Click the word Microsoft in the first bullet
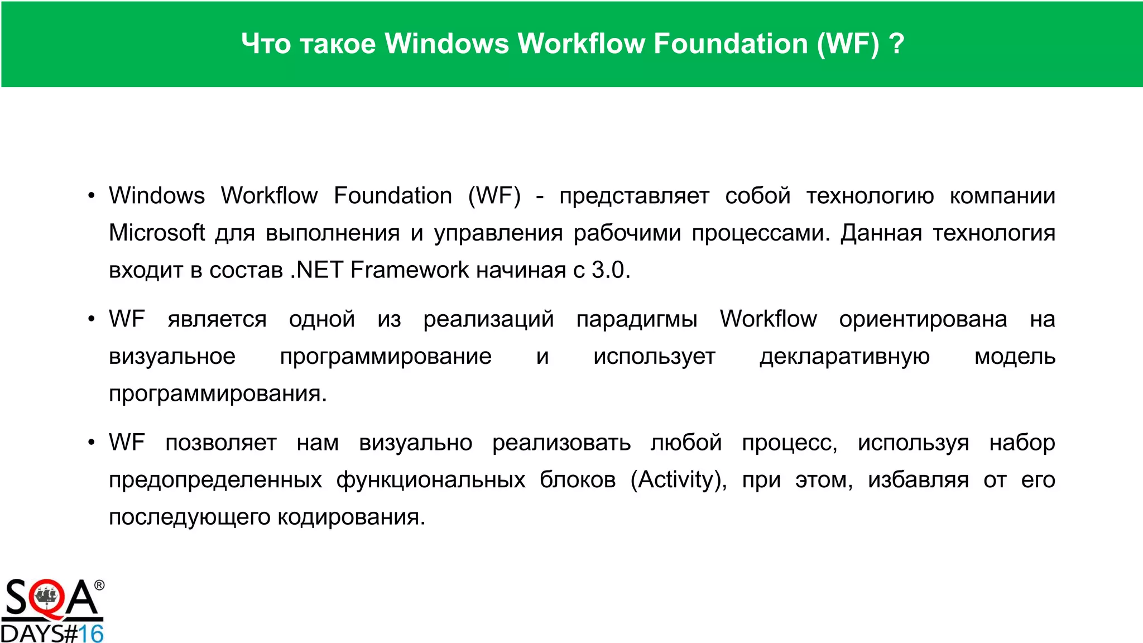(x=157, y=233)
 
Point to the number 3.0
(x=611, y=270)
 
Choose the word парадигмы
(x=637, y=319)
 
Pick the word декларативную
(x=844, y=357)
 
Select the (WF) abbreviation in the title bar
(x=848, y=44)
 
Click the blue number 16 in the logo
(x=90, y=634)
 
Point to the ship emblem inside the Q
(x=47, y=597)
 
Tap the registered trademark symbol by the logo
(x=99, y=585)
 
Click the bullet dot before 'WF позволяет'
(x=92, y=443)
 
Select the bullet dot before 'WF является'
(x=92, y=320)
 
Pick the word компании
(x=1002, y=196)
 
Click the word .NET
(x=316, y=270)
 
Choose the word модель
(x=1015, y=357)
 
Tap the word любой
(x=686, y=443)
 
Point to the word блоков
(x=578, y=480)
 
